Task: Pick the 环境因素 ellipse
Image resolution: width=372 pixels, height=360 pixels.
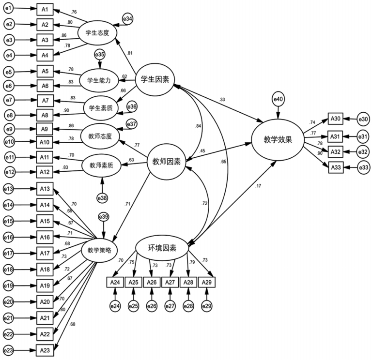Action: [162, 248]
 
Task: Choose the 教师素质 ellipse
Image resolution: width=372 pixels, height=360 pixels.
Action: [101, 165]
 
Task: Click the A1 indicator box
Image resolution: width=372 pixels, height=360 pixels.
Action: [45, 9]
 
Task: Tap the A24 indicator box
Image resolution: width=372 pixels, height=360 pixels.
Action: [115, 282]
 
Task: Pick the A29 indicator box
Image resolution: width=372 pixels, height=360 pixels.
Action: [207, 282]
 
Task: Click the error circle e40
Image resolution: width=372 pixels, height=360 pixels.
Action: [277, 100]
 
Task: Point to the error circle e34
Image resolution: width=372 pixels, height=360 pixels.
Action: [128, 18]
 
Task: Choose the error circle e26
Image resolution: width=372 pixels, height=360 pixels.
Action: [152, 306]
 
